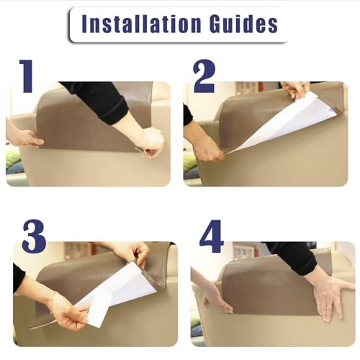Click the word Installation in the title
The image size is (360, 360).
point(141,24)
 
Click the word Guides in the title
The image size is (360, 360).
point(243,24)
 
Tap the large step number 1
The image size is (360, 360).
point(27,76)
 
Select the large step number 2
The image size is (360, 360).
point(204,76)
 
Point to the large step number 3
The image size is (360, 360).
point(34,236)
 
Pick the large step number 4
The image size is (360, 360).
point(211,236)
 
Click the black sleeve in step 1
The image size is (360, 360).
point(97,101)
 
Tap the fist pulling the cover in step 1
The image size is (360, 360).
point(150,142)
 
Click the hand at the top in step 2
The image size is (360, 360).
point(295,91)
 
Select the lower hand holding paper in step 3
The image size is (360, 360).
point(67,315)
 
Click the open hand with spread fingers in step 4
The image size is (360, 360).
point(333,297)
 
